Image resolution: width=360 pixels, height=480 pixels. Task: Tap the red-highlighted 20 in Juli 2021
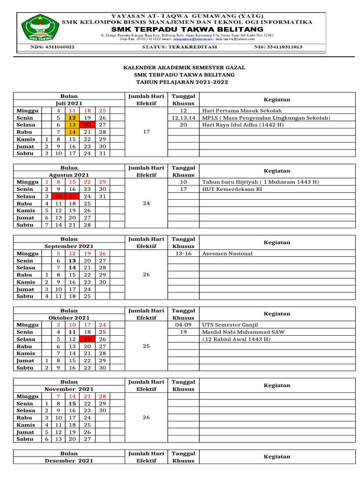tap(88, 125)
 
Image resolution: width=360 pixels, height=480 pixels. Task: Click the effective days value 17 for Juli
tap(146, 132)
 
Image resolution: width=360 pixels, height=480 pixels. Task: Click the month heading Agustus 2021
tap(69, 175)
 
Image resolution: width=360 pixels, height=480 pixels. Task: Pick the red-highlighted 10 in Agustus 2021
tap(59, 197)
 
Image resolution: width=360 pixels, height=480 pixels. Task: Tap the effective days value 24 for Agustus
tap(146, 204)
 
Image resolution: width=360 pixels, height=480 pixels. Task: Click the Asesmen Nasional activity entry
tap(227, 254)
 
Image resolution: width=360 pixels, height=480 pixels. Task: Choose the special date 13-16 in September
tap(183, 254)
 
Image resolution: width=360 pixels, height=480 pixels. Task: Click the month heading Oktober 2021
tap(69, 318)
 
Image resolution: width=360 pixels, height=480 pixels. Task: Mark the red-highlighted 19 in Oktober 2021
tap(88, 339)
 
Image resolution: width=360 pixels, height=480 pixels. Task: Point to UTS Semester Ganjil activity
tap(230, 325)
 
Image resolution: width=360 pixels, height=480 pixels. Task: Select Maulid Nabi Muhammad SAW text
tap(243, 332)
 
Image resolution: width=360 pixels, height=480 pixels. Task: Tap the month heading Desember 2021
tap(69, 461)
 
